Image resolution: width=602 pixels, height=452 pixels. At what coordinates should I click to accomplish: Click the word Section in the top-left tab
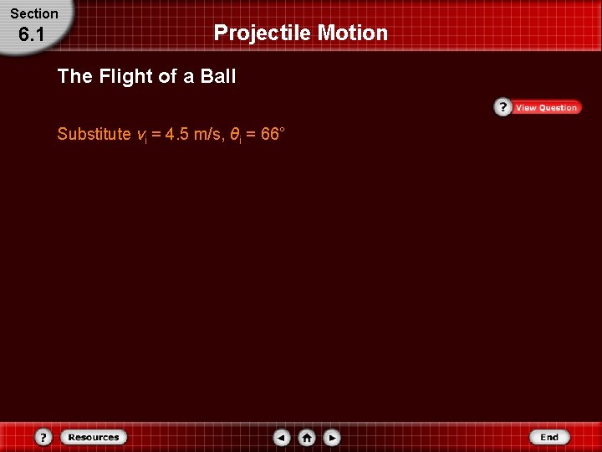[34, 13]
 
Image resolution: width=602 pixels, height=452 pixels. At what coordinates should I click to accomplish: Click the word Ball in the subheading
[218, 77]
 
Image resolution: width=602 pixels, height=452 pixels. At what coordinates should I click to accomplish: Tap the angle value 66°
[273, 133]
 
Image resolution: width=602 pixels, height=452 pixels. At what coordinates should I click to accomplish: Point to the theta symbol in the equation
[235, 134]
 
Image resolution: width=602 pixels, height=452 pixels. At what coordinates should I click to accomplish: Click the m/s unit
[208, 134]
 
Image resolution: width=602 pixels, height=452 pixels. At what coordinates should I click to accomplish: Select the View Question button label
[546, 107]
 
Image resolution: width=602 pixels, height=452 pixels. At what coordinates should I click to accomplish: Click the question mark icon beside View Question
[503, 107]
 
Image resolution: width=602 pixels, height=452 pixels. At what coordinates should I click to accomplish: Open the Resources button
[94, 437]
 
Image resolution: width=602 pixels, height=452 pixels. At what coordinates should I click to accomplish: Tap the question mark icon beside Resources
[44, 438]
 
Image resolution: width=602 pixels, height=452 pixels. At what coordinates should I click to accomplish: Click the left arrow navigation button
[282, 438]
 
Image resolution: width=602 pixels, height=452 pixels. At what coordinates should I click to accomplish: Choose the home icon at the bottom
[307, 438]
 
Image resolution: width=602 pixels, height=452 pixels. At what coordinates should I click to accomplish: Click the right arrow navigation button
[332, 438]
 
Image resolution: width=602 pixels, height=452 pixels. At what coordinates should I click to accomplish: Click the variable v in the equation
[140, 135]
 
